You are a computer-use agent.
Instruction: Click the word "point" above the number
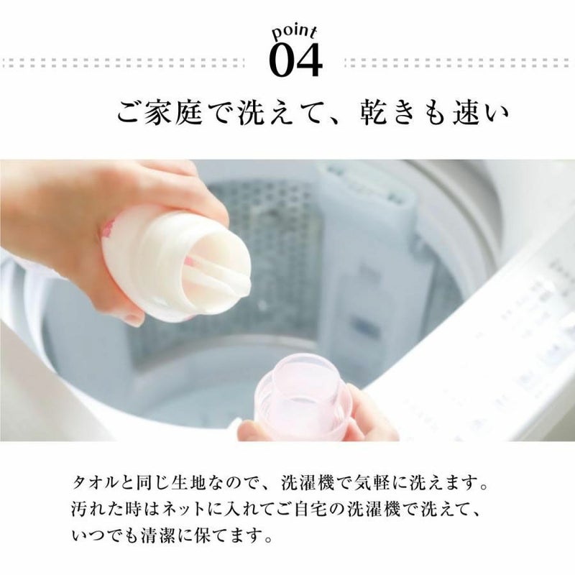pyautogui.click(x=294, y=33)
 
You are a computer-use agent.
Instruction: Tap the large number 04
pyautogui.click(x=295, y=60)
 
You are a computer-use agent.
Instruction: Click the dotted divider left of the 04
pyautogui.click(x=123, y=63)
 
